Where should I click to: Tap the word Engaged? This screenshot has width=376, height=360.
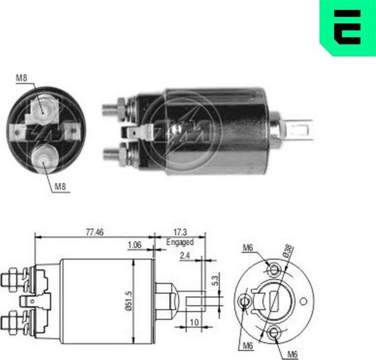click(180, 242)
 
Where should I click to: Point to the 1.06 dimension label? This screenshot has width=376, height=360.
click(134, 245)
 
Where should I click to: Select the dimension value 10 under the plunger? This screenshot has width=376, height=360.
click(193, 322)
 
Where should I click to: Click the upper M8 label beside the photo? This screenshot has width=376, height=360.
click(21, 78)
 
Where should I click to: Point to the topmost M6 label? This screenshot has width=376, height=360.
click(248, 248)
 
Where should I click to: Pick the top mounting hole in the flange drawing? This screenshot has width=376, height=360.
click(273, 269)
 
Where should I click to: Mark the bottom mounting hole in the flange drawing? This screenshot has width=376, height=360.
click(274, 332)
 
